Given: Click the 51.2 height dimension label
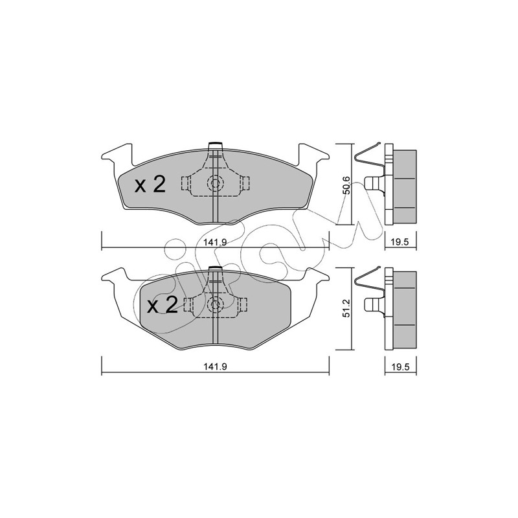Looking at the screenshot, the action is click(346, 309).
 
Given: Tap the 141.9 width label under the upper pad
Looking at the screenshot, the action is click(215, 242).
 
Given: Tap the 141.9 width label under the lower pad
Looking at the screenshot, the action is click(215, 366).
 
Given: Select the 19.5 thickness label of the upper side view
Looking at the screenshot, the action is click(400, 242).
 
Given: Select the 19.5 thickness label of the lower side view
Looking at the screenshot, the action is click(400, 367).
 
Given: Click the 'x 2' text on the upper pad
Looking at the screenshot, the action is click(150, 185).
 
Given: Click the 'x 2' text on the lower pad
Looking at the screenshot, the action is click(163, 304).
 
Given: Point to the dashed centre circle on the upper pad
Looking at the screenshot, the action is click(216, 183).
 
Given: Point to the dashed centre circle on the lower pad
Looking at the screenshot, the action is click(216, 304).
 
